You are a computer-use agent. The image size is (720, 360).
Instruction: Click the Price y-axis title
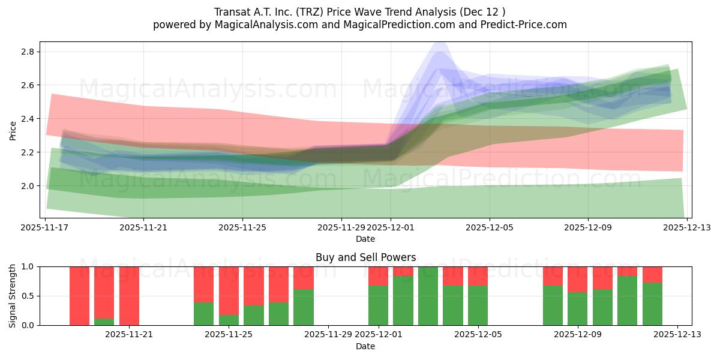(13, 130)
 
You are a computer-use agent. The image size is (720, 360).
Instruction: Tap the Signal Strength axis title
(13, 296)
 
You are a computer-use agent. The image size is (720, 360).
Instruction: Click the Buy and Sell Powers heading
(365, 257)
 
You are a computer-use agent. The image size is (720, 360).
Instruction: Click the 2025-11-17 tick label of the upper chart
(46, 227)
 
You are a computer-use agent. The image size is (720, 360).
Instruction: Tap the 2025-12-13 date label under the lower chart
(677, 335)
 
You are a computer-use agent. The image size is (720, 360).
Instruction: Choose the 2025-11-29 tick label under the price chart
(341, 227)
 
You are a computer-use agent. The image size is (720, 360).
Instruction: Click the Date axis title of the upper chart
(365, 239)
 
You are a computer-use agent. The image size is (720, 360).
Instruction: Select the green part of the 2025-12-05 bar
(478, 305)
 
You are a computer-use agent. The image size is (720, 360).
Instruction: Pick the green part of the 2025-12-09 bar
(577, 309)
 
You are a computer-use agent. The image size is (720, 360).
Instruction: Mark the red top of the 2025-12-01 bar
(378, 276)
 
